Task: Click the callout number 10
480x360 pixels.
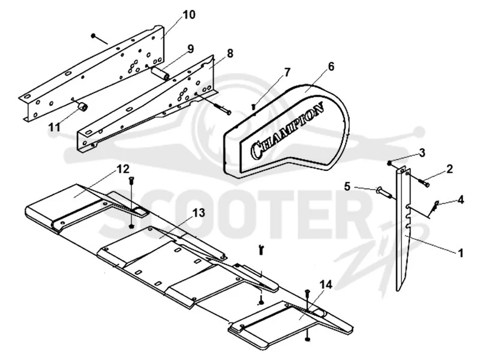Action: (x=189, y=14)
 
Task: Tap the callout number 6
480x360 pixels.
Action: (x=331, y=67)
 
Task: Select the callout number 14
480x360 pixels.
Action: (x=326, y=286)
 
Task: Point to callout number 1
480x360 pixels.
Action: (x=460, y=253)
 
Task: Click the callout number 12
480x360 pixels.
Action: (x=123, y=169)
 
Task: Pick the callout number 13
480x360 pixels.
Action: (x=199, y=213)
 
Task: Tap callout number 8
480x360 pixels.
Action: (x=230, y=53)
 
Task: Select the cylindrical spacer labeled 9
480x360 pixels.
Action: (x=160, y=74)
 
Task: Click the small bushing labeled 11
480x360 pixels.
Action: (x=83, y=107)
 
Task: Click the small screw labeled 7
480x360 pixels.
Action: (x=253, y=107)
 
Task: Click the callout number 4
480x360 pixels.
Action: (x=460, y=200)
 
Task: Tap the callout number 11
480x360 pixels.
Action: (x=55, y=127)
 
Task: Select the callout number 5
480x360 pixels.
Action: (x=347, y=186)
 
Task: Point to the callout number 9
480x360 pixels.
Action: (x=190, y=49)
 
